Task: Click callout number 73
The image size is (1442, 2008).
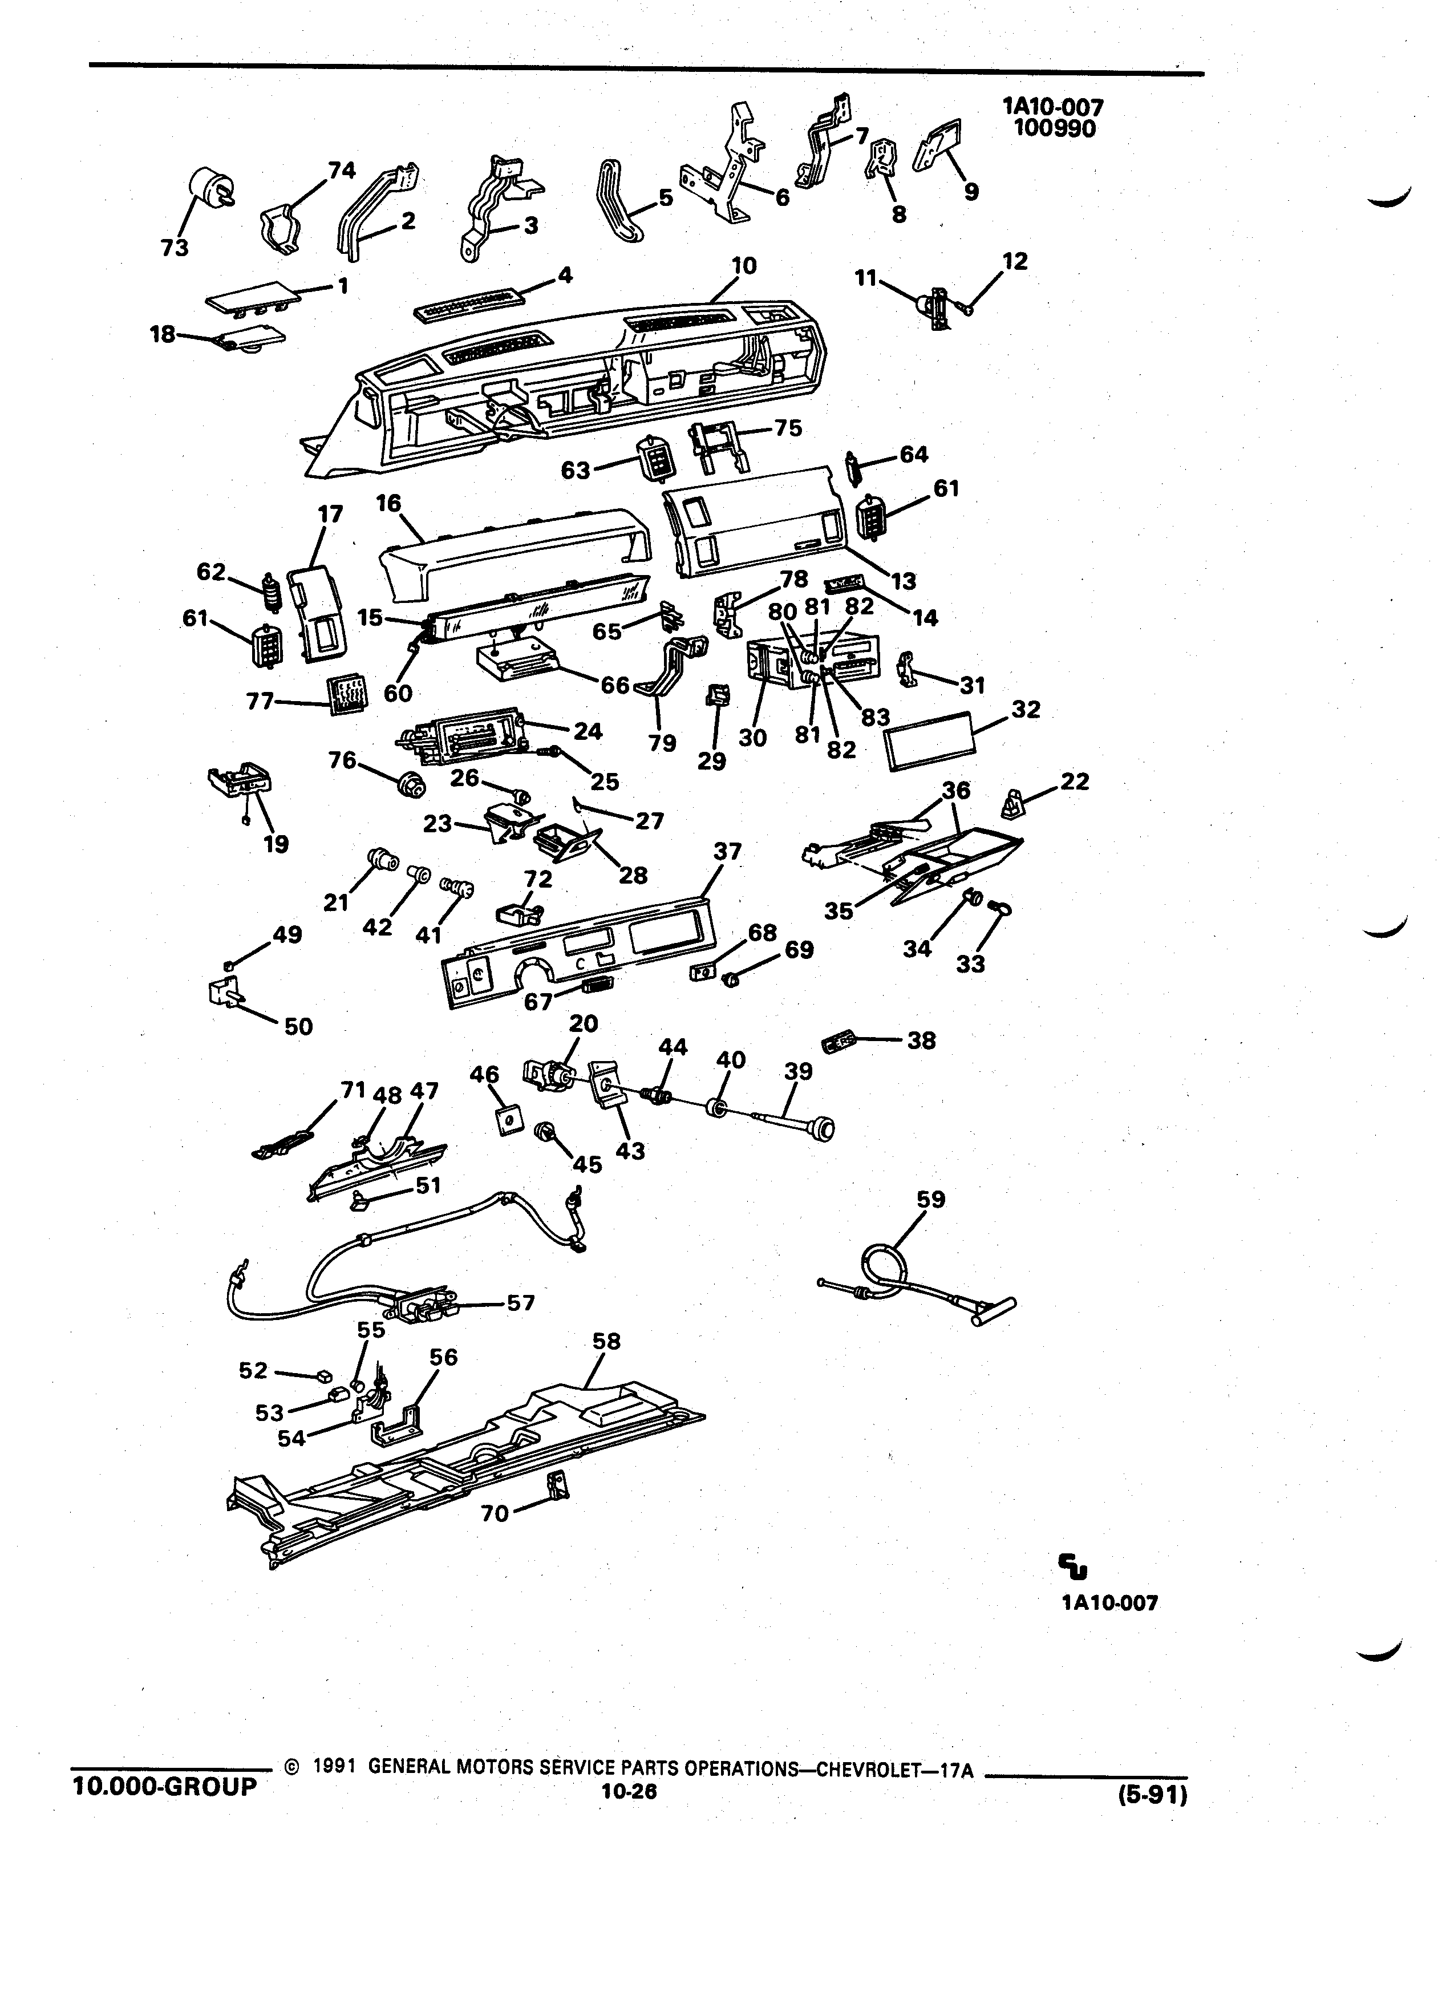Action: point(175,248)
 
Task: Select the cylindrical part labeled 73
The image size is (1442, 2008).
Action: point(210,185)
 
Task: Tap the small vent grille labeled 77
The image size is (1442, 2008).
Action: point(346,694)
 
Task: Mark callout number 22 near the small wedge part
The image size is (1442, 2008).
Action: point(1075,781)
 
